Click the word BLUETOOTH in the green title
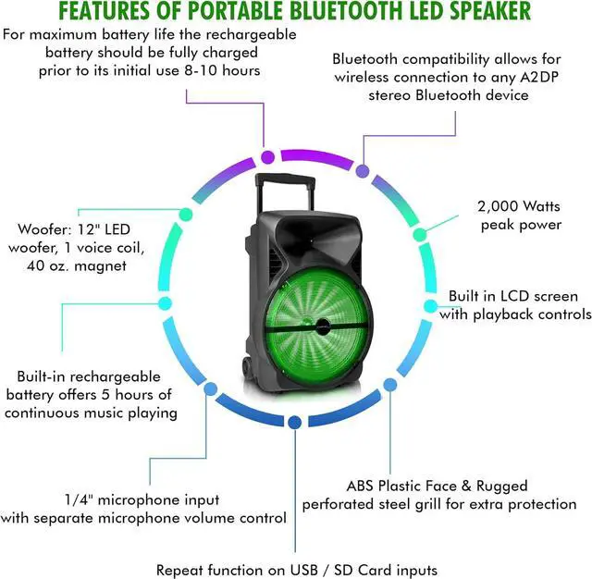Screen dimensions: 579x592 pos(349,11)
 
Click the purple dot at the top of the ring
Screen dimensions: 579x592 pos(267,157)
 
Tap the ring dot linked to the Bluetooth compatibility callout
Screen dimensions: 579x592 pos(363,171)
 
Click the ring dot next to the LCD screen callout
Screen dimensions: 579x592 pos(430,305)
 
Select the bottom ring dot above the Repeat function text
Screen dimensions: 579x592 pos(294,422)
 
